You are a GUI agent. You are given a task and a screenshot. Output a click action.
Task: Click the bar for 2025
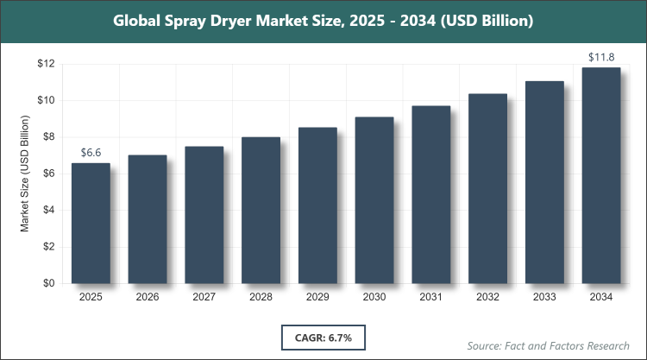[x=91, y=223]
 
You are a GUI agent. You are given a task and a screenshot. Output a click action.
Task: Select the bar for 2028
[x=261, y=210]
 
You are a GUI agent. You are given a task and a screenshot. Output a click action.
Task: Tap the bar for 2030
[x=374, y=199]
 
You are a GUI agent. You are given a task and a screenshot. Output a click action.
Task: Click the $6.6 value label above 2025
[x=91, y=152]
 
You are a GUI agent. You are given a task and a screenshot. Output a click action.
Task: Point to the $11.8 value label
[x=601, y=57]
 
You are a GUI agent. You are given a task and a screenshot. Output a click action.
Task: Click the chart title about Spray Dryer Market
[x=323, y=20]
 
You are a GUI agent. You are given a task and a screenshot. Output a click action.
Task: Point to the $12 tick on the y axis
[x=46, y=64]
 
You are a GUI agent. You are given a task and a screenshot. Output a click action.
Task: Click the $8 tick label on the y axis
[x=48, y=136]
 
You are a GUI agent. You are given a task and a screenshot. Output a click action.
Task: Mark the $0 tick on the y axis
[x=48, y=283]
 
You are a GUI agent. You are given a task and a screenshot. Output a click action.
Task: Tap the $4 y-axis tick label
[x=48, y=210]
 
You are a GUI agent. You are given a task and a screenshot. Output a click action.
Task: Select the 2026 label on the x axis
[x=148, y=297]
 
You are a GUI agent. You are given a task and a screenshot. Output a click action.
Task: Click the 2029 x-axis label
[x=317, y=297]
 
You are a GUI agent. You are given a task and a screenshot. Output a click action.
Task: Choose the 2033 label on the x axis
[x=544, y=297]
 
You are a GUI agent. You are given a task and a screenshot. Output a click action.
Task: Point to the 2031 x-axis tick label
[x=431, y=297]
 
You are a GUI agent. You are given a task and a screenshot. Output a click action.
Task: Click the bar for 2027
[x=204, y=215]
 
